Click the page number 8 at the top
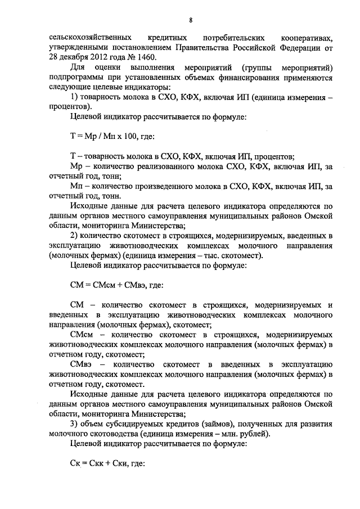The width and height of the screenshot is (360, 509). click(x=191, y=21)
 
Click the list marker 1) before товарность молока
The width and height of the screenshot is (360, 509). click(x=74, y=97)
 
